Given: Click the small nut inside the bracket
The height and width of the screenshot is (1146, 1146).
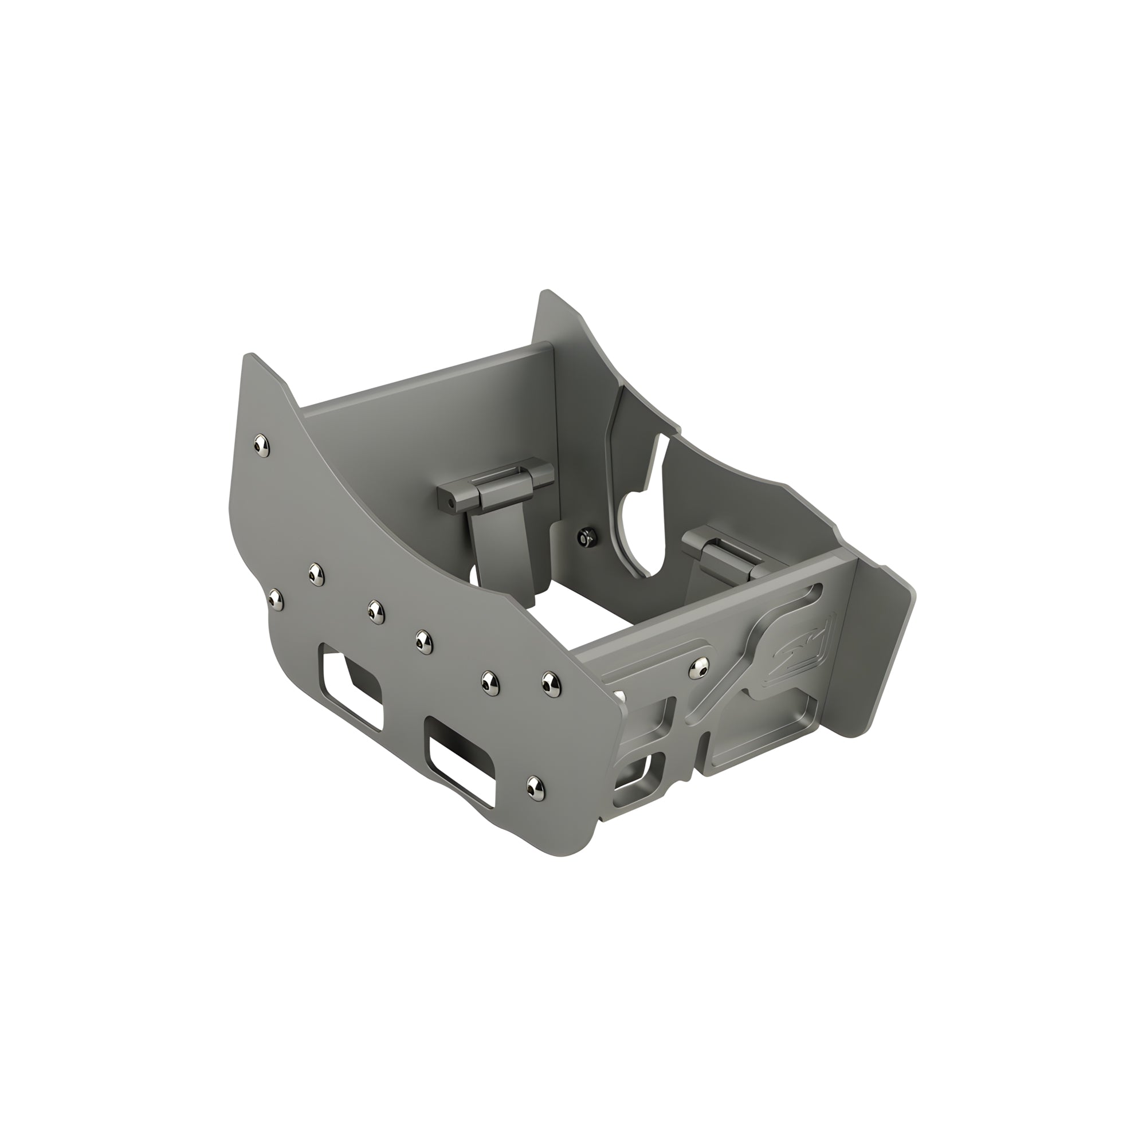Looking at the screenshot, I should (587, 538).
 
